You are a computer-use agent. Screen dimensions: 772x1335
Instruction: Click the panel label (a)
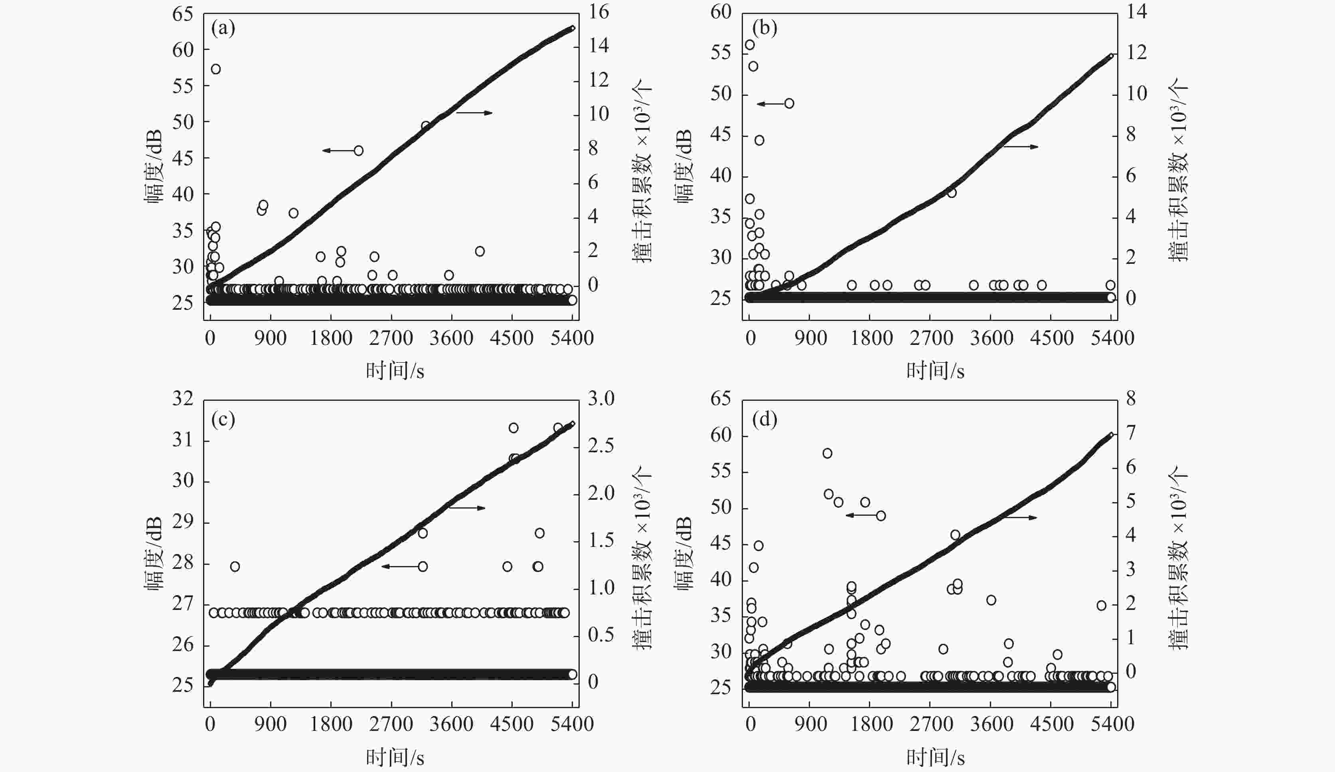223,28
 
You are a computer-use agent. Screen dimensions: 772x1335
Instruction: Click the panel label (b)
764,28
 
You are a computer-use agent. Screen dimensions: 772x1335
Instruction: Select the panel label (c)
223,420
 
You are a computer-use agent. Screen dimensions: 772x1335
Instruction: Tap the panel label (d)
764,420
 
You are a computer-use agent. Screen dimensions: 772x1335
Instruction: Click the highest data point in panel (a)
215,69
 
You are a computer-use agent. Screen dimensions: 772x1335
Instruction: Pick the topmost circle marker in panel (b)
750,45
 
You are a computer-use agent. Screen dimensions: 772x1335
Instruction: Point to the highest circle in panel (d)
827,453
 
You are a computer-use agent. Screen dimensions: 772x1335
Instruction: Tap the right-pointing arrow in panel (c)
467,508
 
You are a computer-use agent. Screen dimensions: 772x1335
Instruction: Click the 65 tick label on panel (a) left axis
183,14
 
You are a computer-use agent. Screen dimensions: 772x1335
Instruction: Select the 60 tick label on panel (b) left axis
721,12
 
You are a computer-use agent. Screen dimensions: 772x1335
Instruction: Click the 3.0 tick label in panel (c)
601,398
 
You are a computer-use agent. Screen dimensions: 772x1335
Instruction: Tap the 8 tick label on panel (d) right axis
1130,398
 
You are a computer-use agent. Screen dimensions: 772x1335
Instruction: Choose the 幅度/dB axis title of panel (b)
684,166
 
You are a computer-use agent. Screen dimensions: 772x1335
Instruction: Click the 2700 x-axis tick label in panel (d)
931,724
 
